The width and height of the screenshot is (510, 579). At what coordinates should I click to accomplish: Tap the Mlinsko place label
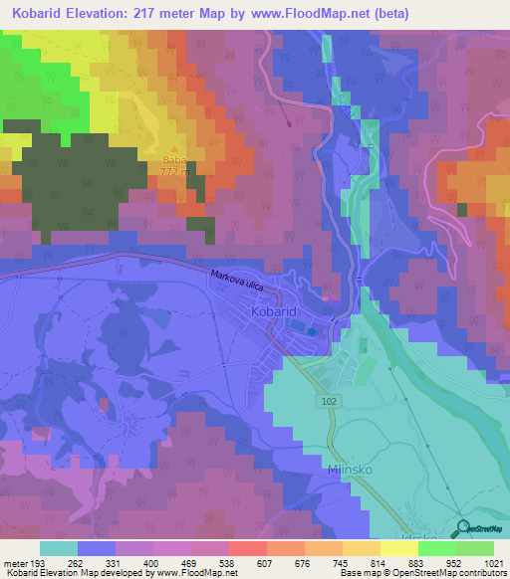(x=352, y=468)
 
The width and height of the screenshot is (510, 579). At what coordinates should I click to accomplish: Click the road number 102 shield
(x=330, y=400)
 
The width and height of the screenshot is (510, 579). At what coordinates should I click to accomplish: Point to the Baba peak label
(x=173, y=160)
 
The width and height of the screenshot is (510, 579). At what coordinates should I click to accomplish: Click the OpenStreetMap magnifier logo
(x=462, y=527)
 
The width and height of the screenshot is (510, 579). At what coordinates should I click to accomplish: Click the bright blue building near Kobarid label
(x=313, y=331)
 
